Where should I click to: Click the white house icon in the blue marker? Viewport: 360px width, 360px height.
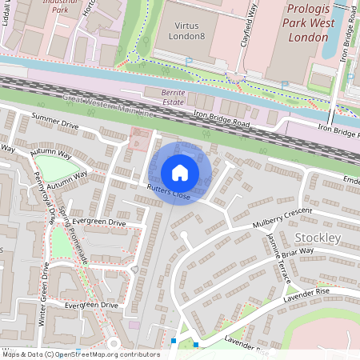180,172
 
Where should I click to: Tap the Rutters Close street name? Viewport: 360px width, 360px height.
169,193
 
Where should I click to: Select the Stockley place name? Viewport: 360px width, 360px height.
318,238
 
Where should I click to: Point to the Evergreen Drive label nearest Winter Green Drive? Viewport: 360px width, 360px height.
91,306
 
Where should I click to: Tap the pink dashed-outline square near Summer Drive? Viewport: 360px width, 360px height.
139,142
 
